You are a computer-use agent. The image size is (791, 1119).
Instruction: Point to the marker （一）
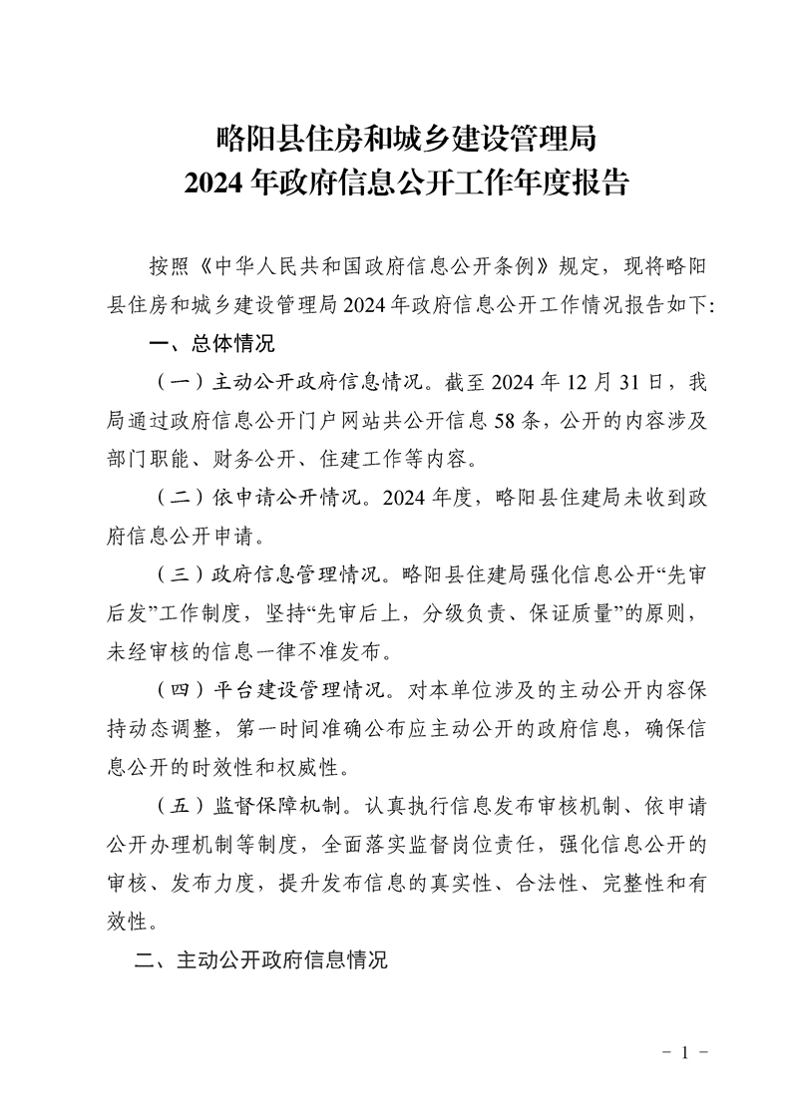click(x=176, y=383)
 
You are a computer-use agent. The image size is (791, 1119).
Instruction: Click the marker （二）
click(x=176, y=497)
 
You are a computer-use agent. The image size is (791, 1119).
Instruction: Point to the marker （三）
click(x=176, y=574)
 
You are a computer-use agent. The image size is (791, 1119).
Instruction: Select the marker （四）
click(x=176, y=690)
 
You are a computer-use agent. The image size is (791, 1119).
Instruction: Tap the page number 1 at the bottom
click(x=685, y=1053)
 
